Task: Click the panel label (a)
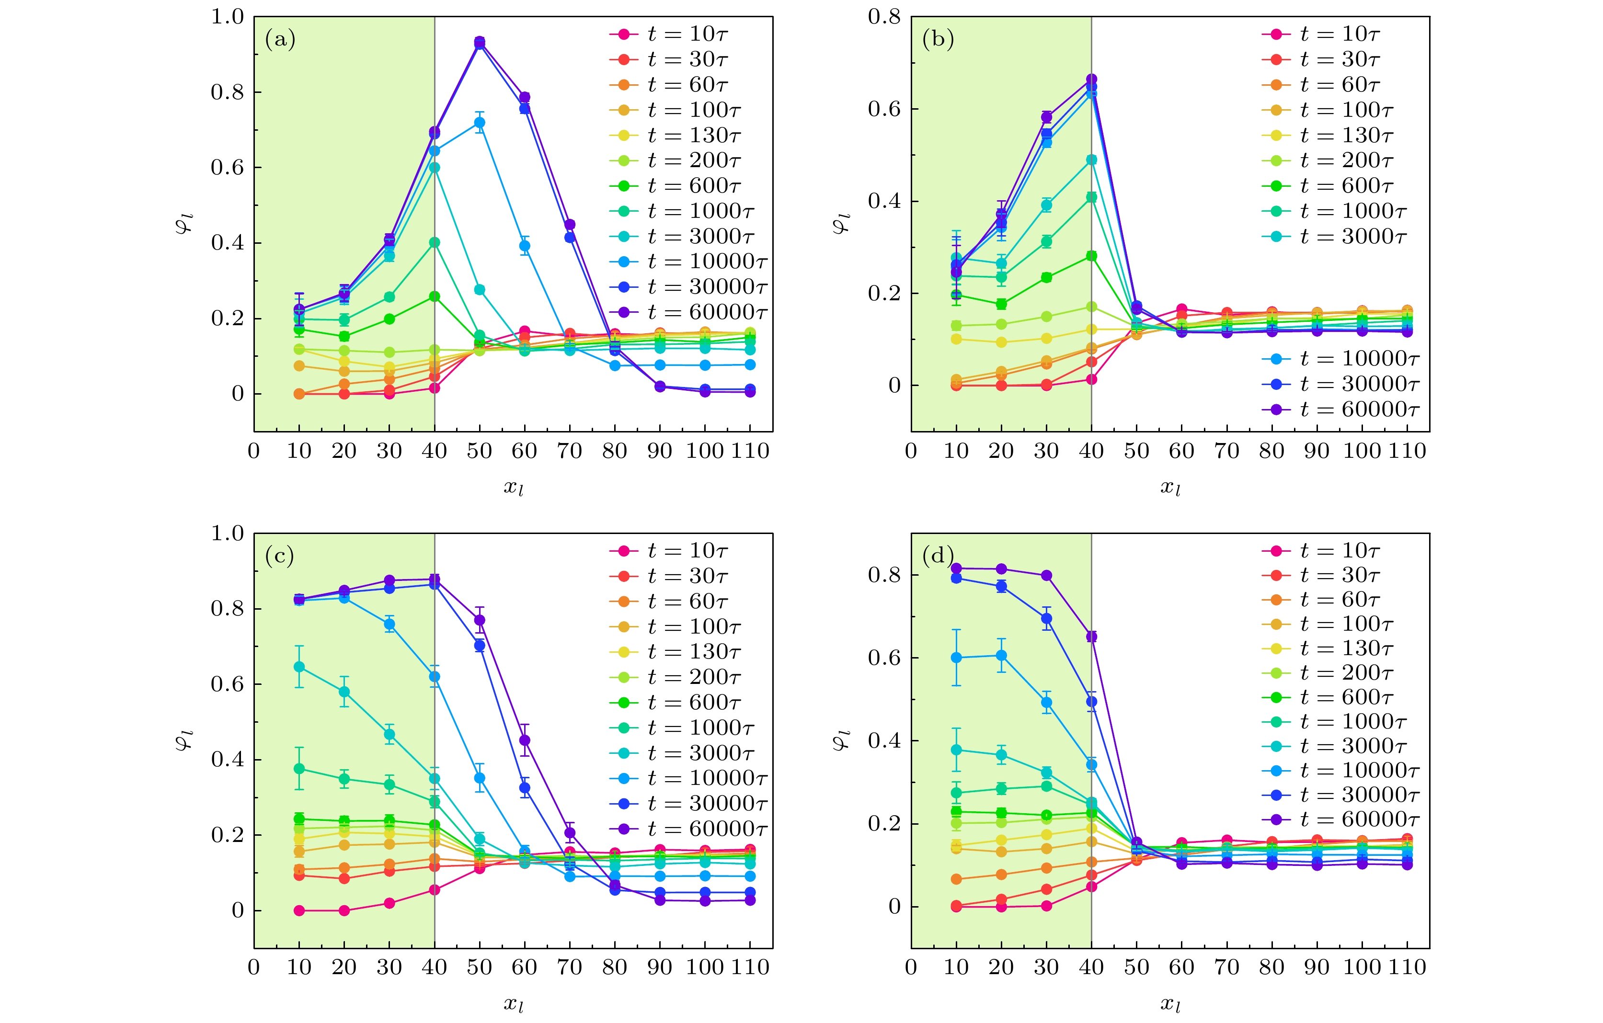pos(280,40)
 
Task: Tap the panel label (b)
pos(937,40)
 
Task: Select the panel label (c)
pos(280,556)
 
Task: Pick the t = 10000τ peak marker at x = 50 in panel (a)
pos(479,123)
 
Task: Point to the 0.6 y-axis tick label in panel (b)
pos(885,109)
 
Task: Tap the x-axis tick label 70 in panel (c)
pos(569,967)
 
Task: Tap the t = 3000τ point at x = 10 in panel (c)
pos(299,667)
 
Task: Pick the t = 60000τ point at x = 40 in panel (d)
pos(1091,637)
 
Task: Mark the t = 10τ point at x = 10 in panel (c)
pos(299,910)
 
